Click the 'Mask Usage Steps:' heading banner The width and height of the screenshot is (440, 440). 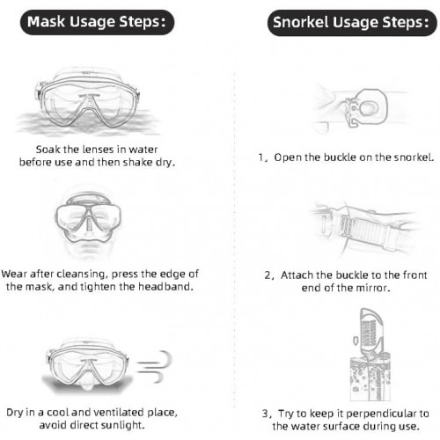[x=97, y=22]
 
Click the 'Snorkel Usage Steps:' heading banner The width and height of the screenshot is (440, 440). [x=352, y=23]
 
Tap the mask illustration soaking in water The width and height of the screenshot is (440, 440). [x=88, y=101]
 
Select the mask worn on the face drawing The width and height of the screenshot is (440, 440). [x=88, y=222]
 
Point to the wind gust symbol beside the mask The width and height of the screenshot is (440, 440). [x=154, y=367]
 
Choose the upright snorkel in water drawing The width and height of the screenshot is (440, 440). [x=370, y=355]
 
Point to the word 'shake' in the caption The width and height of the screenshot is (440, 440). [x=137, y=162]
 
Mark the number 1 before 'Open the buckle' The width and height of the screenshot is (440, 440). [x=261, y=158]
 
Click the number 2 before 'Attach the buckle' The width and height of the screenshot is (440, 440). [x=268, y=275]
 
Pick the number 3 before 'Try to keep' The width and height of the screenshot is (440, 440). [x=266, y=414]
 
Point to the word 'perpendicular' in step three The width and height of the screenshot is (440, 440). [x=381, y=414]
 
